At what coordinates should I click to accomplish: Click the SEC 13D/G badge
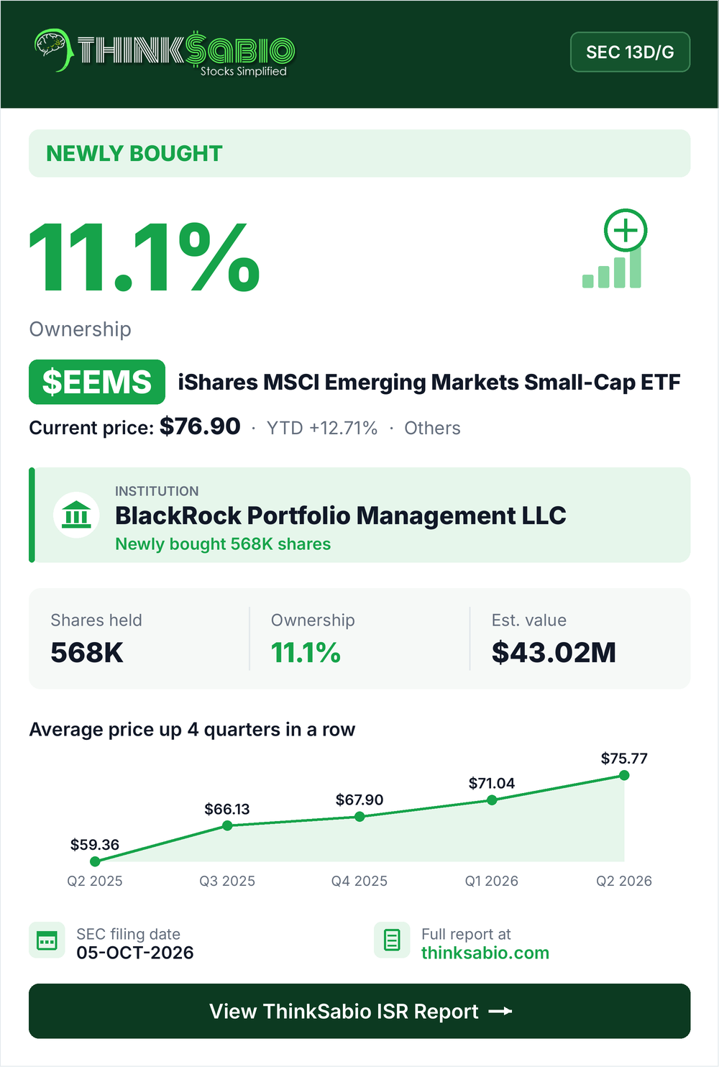click(630, 52)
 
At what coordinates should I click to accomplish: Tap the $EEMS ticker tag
click(97, 382)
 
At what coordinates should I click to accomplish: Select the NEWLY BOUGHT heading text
click(134, 153)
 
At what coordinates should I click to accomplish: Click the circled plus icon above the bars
click(626, 231)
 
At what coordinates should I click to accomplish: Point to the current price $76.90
click(200, 426)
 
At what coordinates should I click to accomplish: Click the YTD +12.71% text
click(322, 429)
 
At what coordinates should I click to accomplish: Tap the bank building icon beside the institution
click(76, 515)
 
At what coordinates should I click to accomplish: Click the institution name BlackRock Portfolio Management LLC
click(341, 516)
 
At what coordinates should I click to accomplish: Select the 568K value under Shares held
click(87, 652)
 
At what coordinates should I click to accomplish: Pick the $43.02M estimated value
click(554, 652)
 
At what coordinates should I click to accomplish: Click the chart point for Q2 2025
click(95, 861)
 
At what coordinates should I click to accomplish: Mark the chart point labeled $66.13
click(227, 825)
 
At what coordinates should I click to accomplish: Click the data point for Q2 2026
click(624, 776)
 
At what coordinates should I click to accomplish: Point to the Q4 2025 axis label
click(359, 881)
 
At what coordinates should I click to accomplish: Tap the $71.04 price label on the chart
click(492, 783)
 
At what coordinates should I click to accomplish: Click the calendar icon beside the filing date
click(47, 940)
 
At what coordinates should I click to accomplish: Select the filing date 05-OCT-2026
click(135, 953)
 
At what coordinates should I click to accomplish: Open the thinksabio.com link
click(485, 953)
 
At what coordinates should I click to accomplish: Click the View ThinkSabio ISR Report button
click(359, 1011)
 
